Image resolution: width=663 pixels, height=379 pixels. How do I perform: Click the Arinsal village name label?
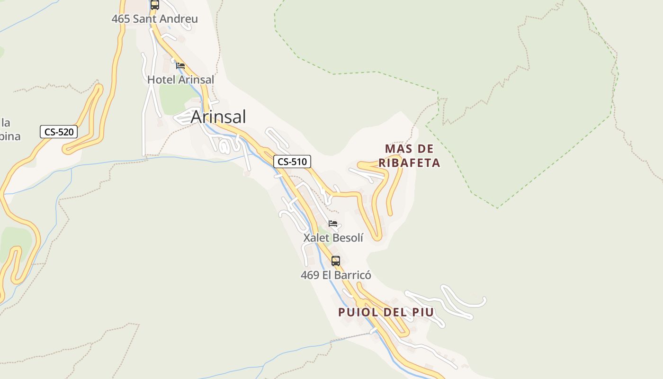point(218,117)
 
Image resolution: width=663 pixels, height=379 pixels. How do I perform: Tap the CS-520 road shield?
point(59,132)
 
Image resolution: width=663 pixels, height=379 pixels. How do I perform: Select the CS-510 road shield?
point(292,162)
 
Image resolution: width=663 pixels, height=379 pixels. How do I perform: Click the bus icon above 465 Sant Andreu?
point(155,5)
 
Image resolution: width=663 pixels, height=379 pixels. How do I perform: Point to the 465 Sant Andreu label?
point(154,19)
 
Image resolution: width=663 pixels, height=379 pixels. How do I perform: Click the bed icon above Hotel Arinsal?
point(180,66)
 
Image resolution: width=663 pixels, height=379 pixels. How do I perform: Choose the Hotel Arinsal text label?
point(180,80)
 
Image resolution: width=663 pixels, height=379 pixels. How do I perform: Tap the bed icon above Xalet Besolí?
point(333,224)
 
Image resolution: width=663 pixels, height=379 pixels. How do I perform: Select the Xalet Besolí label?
point(333,237)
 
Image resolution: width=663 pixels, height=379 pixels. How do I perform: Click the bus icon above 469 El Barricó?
point(336,261)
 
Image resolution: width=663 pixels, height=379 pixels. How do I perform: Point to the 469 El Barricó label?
point(336,275)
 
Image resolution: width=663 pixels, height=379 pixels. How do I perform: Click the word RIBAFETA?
point(410,163)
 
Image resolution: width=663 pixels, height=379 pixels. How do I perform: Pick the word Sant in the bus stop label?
point(145,19)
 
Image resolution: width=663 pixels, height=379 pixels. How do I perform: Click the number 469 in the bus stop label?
point(310,275)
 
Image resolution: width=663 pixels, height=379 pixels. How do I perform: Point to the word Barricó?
point(353,275)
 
